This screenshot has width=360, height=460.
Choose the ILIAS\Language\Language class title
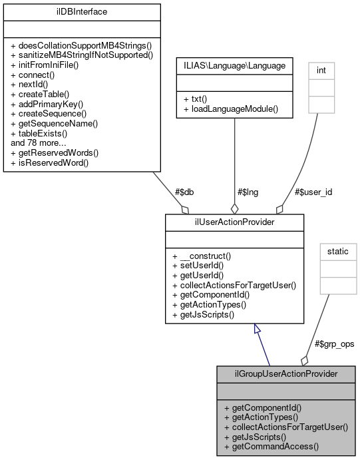(x=234, y=67)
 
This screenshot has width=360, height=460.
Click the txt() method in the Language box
(x=194, y=98)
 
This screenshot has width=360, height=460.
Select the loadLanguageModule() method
(x=230, y=108)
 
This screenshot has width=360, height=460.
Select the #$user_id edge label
(x=313, y=192)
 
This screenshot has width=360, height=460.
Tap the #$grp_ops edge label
(x=333, y=344)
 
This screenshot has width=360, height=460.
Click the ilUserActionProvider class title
(x=235, y=221)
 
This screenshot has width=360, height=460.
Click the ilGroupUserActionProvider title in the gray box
(x=286, y=373)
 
